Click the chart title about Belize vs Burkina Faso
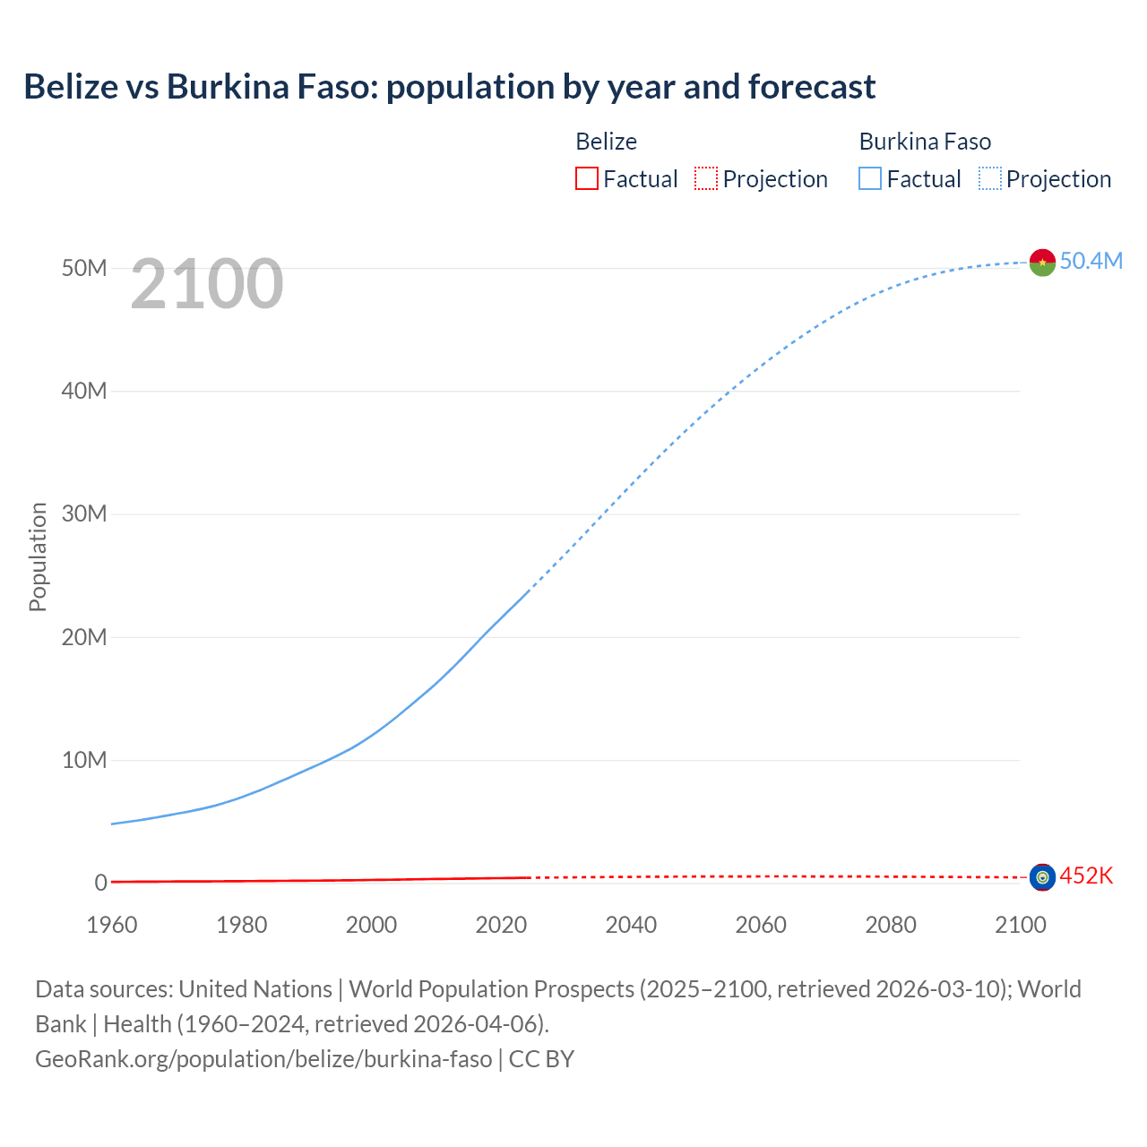(x=449, y=87)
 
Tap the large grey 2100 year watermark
(x=207, y=284)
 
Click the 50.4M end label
(x=1091, y=261)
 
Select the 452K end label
(x=1086, y=875)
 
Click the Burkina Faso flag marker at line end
(x=1042, y=263)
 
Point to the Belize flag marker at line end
(x=1042, y=877)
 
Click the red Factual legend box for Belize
(x=587, y=178)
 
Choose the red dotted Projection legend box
(x=706, y=178)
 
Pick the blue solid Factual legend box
(x=870, y=178)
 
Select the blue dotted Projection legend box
(x=990, y=178)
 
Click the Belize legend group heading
(x=606, y=142)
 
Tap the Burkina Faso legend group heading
(x=925, y=142)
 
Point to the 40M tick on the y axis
(x=84, y=391)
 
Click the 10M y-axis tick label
(x=84, y=760)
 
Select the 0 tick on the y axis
(x=100, y=883)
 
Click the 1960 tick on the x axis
(x=112, y=925)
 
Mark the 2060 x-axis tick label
(x=761, y=925)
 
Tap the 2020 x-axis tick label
(x=501, y=925)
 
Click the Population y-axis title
(x=38, y=556)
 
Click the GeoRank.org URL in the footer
(x=263, y=1059)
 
